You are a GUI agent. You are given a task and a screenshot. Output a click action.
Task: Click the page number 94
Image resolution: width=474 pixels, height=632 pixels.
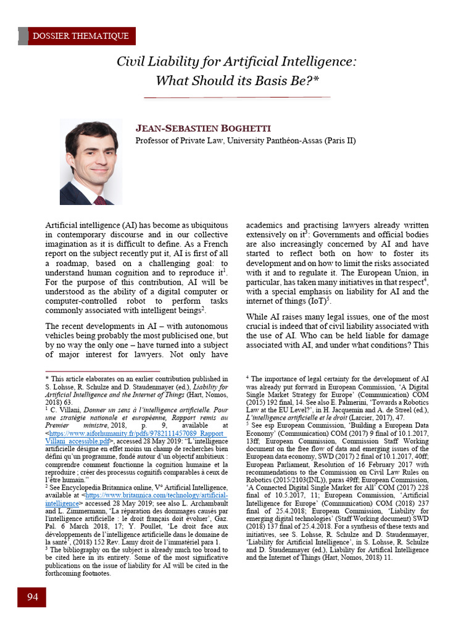(x=32, y=597)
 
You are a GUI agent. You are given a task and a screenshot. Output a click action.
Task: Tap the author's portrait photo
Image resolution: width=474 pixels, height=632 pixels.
(x=91, y=162)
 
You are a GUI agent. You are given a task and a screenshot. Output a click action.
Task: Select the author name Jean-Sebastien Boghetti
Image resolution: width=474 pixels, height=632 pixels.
(x=202, y=128)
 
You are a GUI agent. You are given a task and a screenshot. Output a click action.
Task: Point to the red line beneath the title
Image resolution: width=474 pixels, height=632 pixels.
(x=237, y=98)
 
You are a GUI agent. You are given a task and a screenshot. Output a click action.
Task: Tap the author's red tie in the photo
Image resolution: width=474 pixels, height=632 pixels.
(x=99, y=200)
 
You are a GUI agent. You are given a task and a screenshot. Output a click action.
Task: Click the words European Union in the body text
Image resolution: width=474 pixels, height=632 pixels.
(x=391, y=272)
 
